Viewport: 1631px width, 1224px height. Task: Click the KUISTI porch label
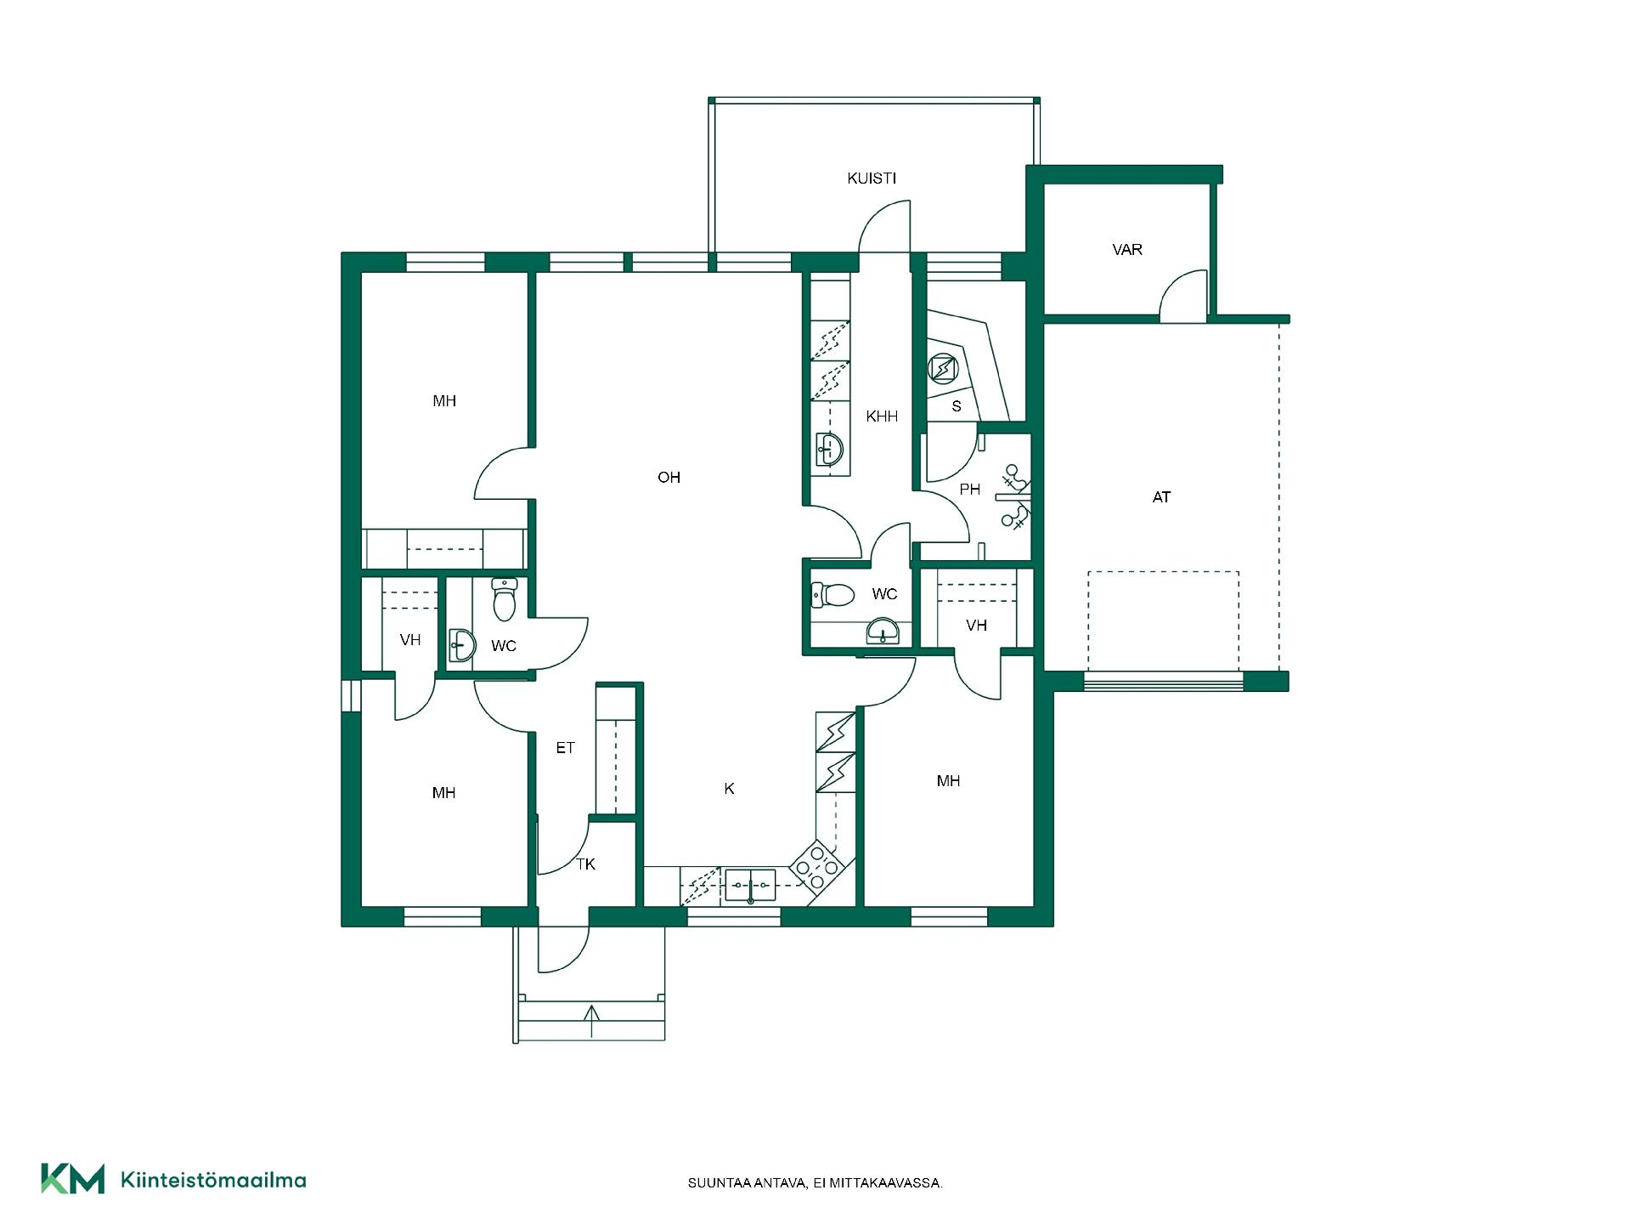coord(872,178)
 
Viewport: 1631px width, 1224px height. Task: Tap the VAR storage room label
coord(1127,250)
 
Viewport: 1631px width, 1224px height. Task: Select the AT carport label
coord(1161,497)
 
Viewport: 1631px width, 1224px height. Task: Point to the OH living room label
coord(669,478)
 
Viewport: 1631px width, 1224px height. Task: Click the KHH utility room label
coord(882,416)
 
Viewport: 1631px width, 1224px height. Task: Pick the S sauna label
coord(957,406)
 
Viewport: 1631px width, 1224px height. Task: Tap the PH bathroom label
coord(970,490)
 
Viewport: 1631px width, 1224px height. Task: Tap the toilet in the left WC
coord(505,599)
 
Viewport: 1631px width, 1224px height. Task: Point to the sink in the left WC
coord(460,646)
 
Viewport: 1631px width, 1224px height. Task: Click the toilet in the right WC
coord(832,594)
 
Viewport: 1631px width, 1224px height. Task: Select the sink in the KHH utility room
coord(829,448)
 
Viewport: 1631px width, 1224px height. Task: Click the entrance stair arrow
coord(592,1020)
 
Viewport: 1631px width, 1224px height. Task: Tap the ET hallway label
coord(565,748)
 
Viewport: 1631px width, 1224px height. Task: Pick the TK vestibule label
coord(586,864)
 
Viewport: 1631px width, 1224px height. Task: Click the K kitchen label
coord(729,789)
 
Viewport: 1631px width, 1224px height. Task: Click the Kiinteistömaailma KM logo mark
coord(73,1179)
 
